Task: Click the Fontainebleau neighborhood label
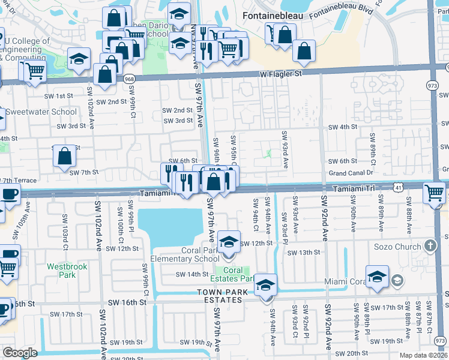tap(273, 15)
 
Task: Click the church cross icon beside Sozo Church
tap(430, 246)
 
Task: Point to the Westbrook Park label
tap(62, 270)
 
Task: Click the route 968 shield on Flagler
tap(129, 79)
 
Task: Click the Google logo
tap(20, 352)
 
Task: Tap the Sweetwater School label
tap(41, 112)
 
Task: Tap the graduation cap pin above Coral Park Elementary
tap(228, 242)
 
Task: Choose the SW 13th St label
tap(304, 253)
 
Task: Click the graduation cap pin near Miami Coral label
tap(377, 277)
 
